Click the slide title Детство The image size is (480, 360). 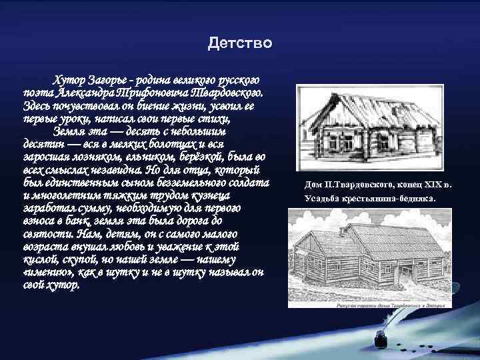click(x=239, y=44)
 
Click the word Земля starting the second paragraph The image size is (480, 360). click(x=71, y=131)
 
